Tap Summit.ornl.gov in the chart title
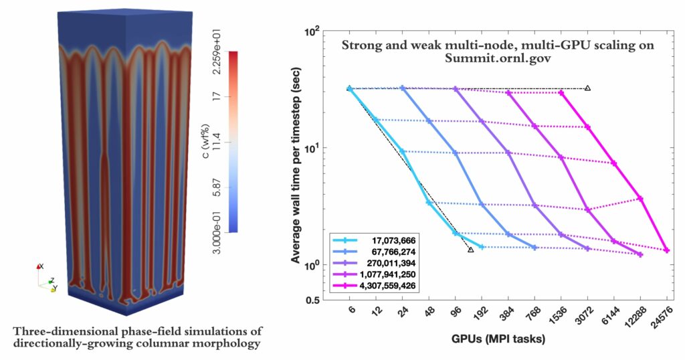tap(498, 59)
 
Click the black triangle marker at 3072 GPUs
tap(587, 88)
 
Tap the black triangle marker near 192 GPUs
tap(471, 250)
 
